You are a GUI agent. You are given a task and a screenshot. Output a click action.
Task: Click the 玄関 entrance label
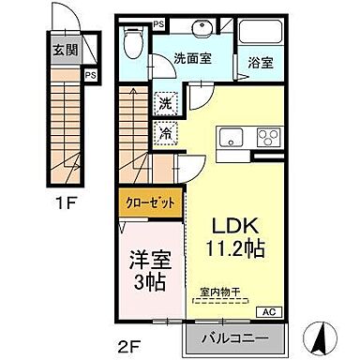(64, 52)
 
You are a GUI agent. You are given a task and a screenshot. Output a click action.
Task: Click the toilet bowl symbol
(134, 42)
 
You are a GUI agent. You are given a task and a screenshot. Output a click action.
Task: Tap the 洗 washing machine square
(165, 101)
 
